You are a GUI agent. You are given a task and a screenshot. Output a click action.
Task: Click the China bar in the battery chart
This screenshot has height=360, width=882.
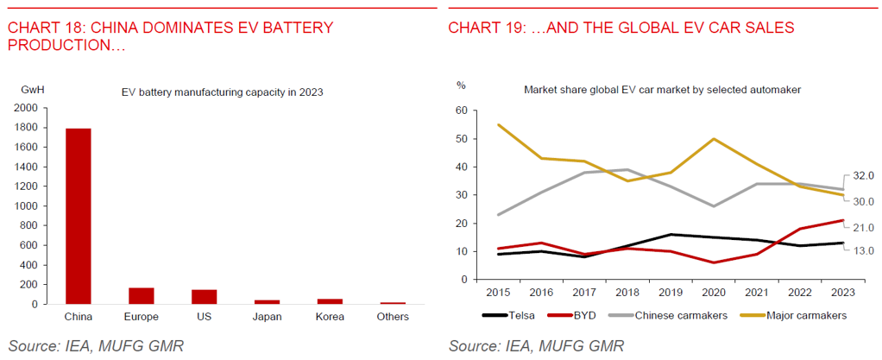pos(79,216)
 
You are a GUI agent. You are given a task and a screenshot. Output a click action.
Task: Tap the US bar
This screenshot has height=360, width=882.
pos(205,296)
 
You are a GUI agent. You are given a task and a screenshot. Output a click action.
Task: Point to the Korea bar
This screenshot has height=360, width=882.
pos(331,301)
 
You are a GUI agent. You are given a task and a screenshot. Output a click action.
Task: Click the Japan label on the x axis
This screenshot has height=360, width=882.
pos(268,317)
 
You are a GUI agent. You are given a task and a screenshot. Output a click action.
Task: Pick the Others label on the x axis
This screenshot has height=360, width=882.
pos(394,317)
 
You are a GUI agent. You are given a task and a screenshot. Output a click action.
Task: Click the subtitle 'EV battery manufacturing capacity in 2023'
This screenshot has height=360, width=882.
pos(221,92)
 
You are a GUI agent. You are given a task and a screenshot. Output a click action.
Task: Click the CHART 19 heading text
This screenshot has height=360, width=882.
pos(621,28)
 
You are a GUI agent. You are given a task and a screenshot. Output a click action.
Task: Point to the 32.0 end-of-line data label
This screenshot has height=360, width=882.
pos(863,175)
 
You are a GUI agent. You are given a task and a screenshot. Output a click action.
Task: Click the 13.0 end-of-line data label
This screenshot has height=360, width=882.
pos(863,250)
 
